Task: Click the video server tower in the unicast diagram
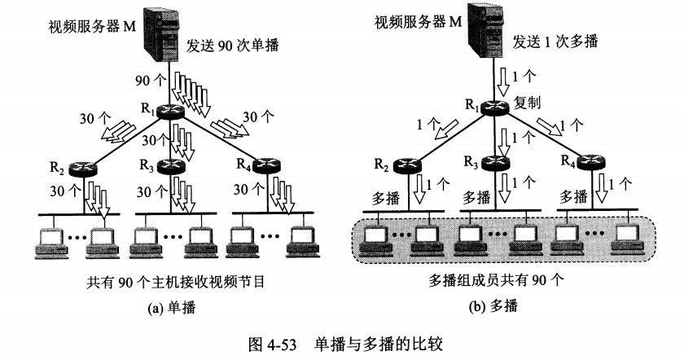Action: [x=162, y=33]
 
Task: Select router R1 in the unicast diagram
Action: [x=170, y=111]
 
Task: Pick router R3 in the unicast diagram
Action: [x=170, y=166]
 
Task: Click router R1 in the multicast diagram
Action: [x=494, y=107]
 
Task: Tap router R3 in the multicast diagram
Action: [x=495, y=163]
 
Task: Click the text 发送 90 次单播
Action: [x=233, y=46]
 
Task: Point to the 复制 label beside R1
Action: [x=527, y=103]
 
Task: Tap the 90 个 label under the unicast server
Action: [x=151, y=81]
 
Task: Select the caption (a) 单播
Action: [x=172, y=308]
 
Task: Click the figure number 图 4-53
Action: [x=272, y=344]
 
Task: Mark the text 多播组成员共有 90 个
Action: [x=497, y=279]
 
